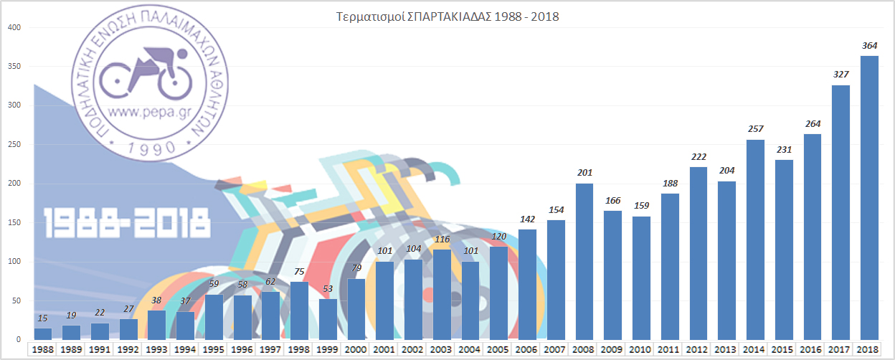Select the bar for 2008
584,261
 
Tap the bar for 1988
43,333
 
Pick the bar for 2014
755,240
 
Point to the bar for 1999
328,319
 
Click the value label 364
869,46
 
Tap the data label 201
584,173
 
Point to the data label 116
442,239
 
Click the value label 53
328,288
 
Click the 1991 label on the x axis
100,349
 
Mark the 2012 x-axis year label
699,349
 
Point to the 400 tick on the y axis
14,28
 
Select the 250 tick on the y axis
14,145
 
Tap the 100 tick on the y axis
14,262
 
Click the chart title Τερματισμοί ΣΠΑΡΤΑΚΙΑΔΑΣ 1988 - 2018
447,16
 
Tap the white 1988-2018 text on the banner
126,222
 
